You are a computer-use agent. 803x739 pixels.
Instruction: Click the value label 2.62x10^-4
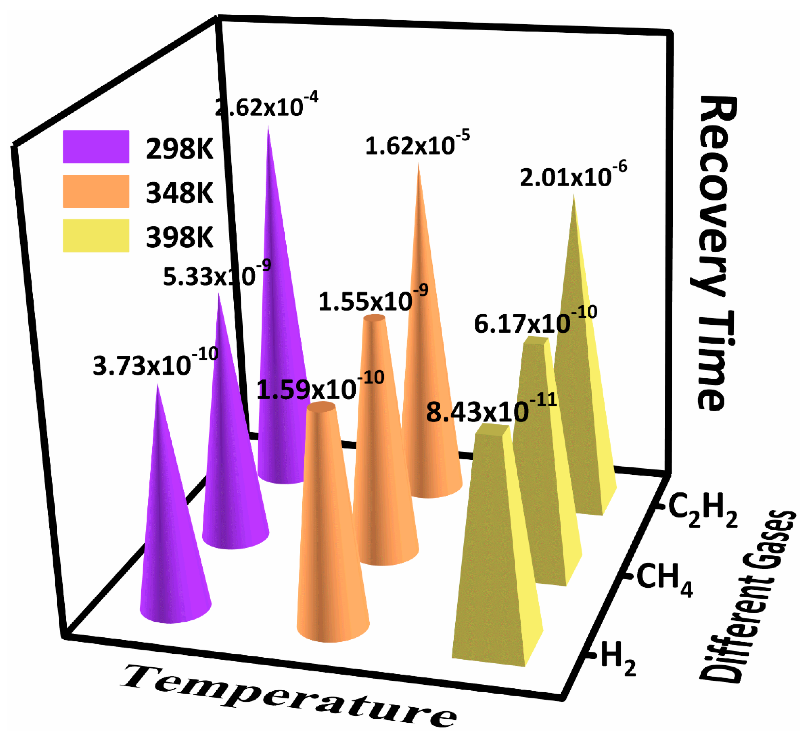pos(266,106)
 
